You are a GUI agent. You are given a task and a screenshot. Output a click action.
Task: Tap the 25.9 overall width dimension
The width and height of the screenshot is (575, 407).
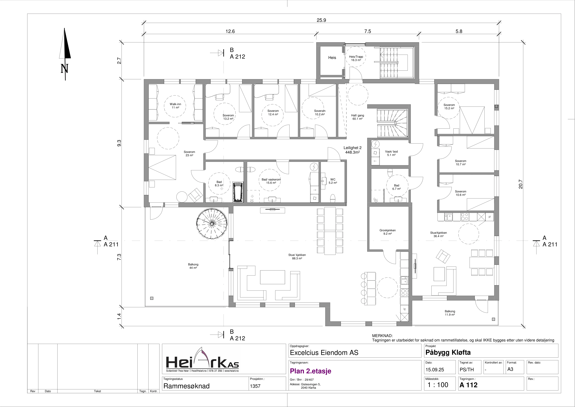[321, 20]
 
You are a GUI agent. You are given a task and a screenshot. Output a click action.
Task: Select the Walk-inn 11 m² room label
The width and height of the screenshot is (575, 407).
[175, 106]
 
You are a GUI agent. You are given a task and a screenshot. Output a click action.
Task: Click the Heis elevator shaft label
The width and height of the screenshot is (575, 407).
[332, 58]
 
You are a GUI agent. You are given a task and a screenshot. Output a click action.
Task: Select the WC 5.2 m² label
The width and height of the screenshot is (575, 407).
[333, 181]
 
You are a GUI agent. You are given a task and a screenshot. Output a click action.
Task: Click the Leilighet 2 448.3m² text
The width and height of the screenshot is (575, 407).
[352, 150]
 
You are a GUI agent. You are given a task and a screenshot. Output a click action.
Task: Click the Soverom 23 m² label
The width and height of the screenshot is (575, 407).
[189, 153]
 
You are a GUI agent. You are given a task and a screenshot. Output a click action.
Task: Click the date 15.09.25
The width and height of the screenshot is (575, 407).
[435, 370]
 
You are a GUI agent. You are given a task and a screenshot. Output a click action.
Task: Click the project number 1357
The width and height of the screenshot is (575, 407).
[255, 386]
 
